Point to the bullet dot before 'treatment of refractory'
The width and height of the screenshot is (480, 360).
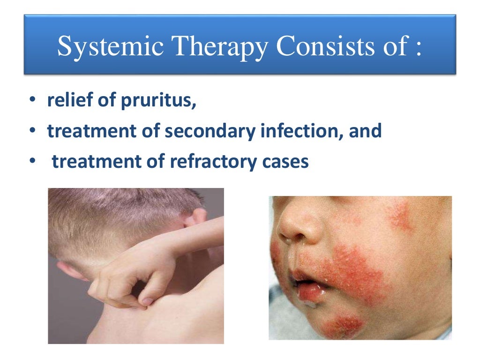pyautogui.click(x=31, y=161)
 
